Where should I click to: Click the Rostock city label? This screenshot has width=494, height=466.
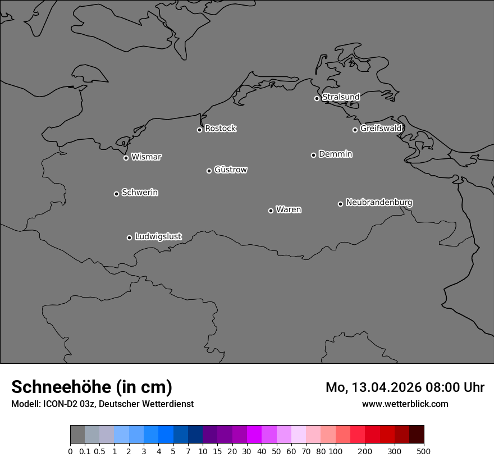click(x=220, y=129)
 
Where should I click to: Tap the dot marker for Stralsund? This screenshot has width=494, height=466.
click(x=317, y=98)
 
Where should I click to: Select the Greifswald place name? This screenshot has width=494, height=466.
click(x=381, y=129)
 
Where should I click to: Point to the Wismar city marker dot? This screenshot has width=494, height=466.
click(x=126, y=158)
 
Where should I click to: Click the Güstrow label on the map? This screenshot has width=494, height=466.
click(x=230, y=170)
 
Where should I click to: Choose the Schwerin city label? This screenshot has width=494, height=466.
click(x=140, y=193)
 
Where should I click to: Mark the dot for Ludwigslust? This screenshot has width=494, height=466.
click(x=129, y=237)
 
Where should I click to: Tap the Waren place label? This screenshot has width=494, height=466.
click(x=289, y=210)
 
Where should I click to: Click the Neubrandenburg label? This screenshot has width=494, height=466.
click(x=379, y=202)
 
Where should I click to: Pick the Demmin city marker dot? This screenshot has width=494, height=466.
click(x=313, y=155)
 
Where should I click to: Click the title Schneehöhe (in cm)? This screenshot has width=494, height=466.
click(x=92, y=387)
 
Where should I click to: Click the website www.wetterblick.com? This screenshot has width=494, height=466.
click(x=405, y=404)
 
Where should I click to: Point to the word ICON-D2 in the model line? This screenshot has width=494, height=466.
click(x=58, y=404)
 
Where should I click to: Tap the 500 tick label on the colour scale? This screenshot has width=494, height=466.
click(x=424, y=451)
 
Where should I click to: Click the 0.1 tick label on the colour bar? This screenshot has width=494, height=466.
click(x=85, y=451)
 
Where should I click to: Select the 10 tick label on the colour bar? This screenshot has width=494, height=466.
click(x=203, y=451)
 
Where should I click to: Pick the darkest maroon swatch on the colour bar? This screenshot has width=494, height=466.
click(x=417, y=435)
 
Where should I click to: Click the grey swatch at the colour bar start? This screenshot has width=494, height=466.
click(x=77, y=435)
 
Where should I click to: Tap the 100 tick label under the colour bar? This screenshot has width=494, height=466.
click(x=335, y=451)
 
